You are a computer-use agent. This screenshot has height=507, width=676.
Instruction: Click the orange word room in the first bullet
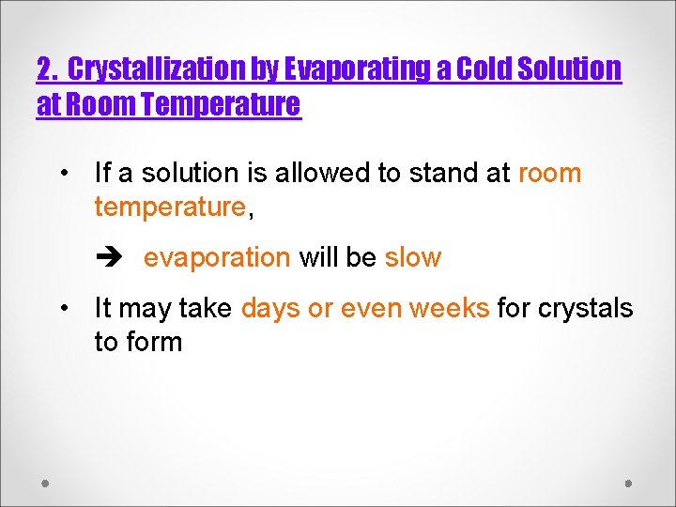(549, 173)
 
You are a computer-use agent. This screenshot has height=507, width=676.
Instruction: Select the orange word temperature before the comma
(170, 207)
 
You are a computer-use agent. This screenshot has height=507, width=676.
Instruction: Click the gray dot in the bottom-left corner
(45, 484)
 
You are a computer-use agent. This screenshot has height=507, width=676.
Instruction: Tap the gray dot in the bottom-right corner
(629, 484)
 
